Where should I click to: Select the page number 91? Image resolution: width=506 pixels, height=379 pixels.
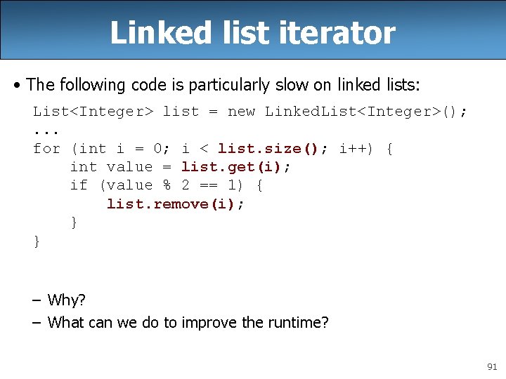[491, 367]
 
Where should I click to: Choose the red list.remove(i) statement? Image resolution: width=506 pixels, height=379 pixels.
[176, 204]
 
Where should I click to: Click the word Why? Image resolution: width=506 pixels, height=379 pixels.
[66, 300]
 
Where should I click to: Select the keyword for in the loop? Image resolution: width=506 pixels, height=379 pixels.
[46, 148]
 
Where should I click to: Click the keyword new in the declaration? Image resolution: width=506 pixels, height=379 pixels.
[241, 111]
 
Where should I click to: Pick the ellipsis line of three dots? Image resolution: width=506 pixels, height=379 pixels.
[46, 130]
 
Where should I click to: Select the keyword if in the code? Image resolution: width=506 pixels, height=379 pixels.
[79, 185]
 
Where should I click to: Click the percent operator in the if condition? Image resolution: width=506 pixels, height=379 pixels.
[167, 185]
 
